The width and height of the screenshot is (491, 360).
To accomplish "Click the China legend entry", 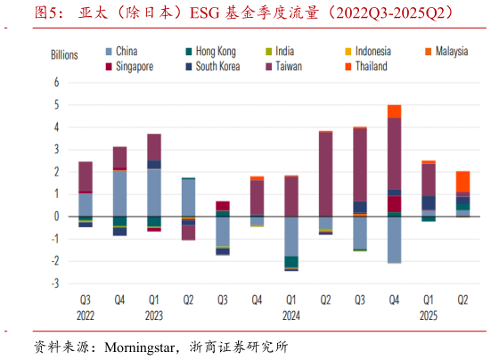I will click(123, 52).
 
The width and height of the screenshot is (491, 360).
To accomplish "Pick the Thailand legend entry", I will click(368, 66).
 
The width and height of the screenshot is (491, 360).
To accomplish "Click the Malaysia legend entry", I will click(451, 52).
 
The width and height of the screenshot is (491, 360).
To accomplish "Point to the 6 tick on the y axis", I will click(56, 82).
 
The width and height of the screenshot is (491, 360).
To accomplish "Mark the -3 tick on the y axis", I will click(54, 283).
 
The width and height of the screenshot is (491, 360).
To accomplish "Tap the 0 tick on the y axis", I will click(56, 217).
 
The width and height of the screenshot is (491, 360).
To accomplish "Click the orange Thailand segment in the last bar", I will click(462, 181).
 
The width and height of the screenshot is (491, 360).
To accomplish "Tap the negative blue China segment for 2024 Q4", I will click(394, 240).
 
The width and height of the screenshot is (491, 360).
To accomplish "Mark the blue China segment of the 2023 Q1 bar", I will click(154, 192).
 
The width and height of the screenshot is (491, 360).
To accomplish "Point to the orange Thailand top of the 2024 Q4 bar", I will click(394, 111).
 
